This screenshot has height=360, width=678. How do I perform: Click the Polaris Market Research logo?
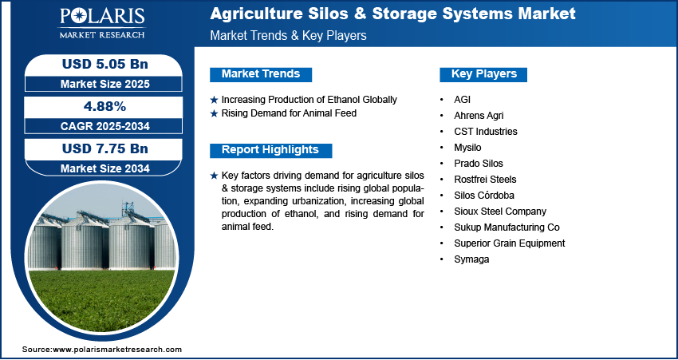102,23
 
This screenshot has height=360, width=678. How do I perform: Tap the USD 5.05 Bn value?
105,64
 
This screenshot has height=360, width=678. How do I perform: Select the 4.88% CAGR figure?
104,106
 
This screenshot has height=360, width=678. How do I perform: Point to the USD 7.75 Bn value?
105,148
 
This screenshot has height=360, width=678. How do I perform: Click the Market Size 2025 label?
105,84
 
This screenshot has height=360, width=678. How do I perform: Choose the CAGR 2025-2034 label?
105,126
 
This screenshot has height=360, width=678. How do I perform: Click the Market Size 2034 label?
105,168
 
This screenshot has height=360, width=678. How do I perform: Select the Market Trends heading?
261,74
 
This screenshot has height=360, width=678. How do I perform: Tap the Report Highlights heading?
270,150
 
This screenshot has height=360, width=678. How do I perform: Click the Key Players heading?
484,74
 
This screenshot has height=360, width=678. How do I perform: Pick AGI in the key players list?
462,100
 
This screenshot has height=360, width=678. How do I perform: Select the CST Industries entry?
486,132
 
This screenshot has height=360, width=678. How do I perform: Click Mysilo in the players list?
467,148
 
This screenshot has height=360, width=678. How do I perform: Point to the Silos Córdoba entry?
484,196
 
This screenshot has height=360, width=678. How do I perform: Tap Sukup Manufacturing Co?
507,227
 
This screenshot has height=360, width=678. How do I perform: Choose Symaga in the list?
471,259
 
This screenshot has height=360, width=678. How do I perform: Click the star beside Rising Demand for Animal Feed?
214,114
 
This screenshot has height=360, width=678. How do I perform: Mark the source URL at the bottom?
102,349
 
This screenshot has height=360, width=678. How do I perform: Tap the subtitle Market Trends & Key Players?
289,35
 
